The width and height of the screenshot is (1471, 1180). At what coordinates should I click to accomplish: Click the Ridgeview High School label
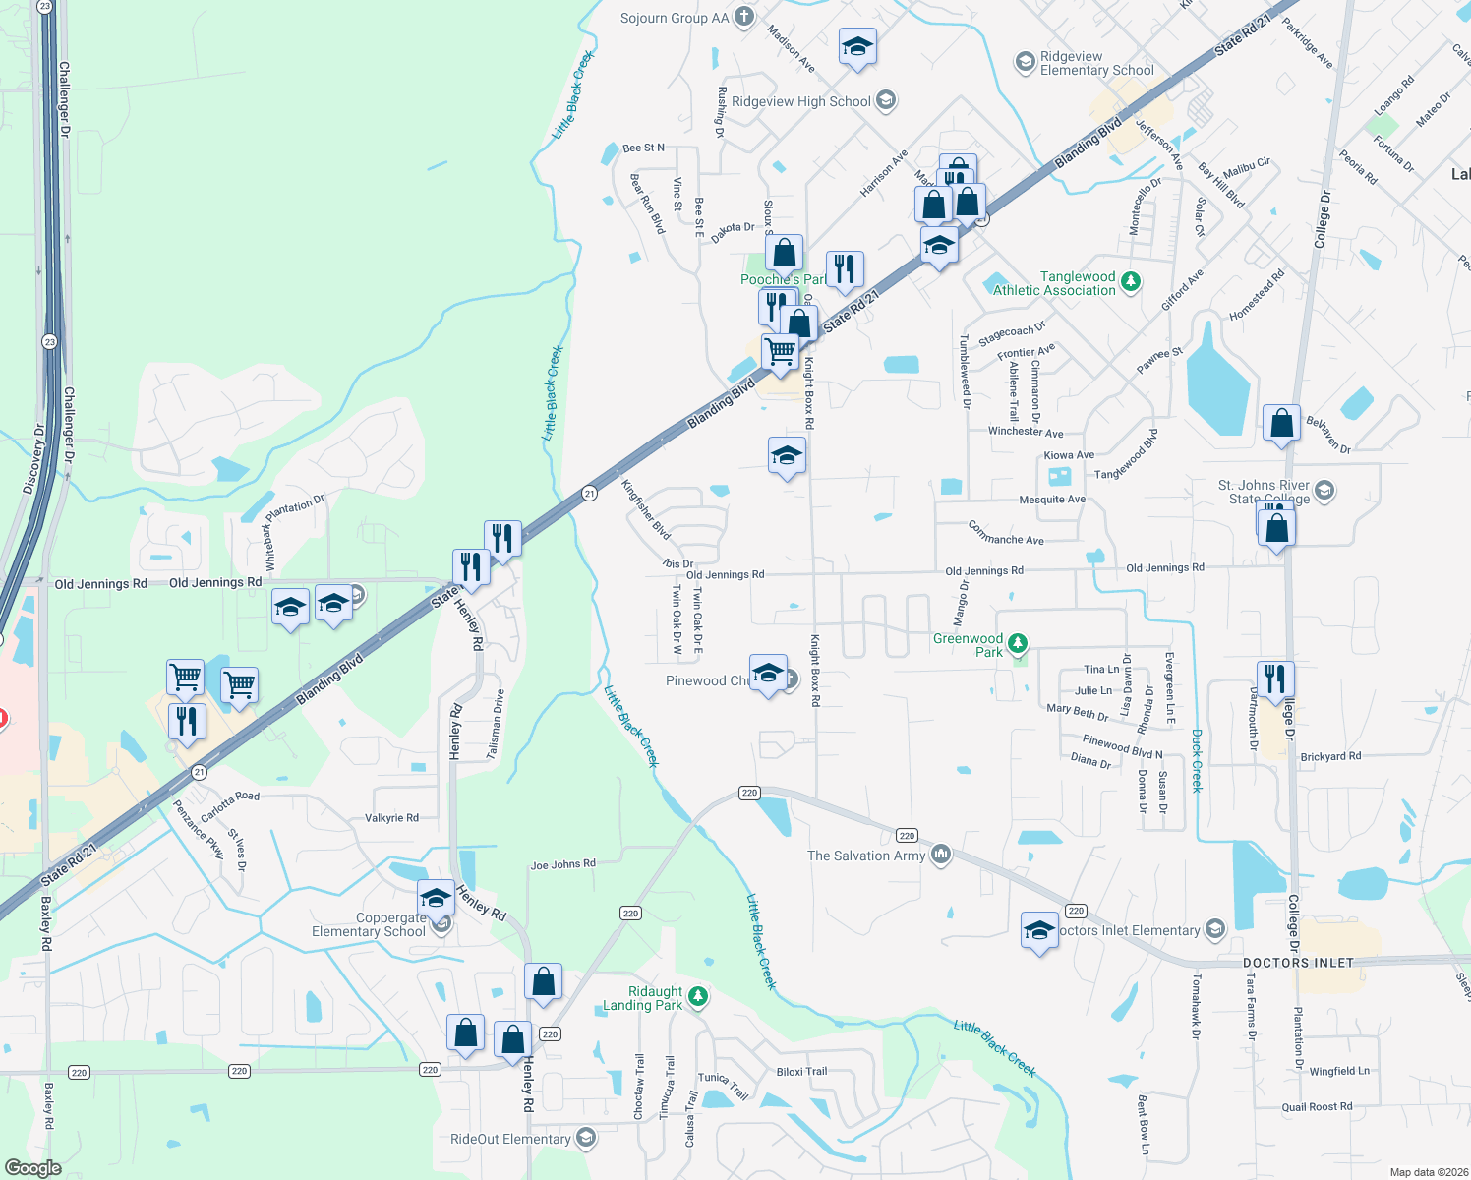point(801,101)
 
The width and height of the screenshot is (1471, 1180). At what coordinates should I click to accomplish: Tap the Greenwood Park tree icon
point(1018,644)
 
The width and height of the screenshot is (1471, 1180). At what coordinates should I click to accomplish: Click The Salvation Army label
point(866,855)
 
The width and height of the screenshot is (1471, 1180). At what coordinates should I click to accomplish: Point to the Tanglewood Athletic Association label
point(1054,283)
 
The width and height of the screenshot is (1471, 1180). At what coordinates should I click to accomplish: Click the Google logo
point(32,1167)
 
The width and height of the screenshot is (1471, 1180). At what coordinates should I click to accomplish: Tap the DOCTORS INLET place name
point(1298,963)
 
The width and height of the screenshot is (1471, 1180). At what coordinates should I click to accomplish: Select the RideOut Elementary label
point(510,1139)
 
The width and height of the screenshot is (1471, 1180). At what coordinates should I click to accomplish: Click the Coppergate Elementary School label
point(369,924)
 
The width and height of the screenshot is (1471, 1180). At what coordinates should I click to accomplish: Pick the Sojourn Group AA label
point(675,18)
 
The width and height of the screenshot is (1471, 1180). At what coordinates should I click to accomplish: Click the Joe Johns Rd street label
point(562,864)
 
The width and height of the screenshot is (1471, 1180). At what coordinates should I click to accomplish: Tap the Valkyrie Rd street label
point(391,817)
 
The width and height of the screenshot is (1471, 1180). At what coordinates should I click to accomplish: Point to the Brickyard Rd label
point(1330,756)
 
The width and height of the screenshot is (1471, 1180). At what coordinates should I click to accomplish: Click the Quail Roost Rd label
point(1317,1106)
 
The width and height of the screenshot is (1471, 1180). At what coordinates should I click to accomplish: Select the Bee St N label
point(643,147)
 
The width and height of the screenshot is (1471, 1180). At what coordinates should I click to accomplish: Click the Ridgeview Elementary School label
point(1096,63)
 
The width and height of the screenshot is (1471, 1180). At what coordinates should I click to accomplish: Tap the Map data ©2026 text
point(1424,1172)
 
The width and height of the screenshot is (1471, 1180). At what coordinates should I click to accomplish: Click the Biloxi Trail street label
point(801,1072)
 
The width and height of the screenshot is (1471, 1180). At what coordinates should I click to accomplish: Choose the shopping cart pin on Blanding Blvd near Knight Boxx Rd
point(781,351)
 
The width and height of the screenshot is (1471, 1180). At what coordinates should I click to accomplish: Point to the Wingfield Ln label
point(1339,1071)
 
